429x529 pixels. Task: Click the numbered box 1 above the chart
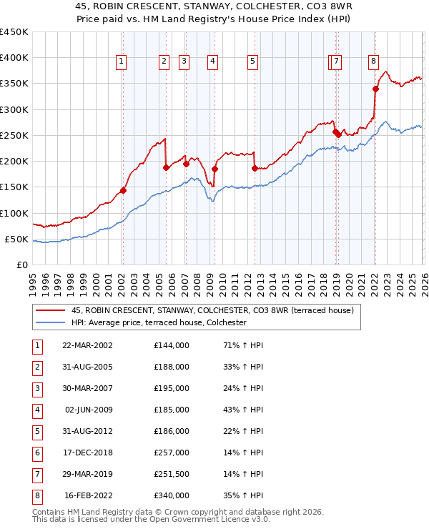click(122, 62)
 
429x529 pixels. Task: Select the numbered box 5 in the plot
click(253, 62)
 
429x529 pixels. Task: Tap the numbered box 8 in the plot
click(373, 62)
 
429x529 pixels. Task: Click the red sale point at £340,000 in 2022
click(375, 89)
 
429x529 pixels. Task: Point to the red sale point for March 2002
click(123, 190)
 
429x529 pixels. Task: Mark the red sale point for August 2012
click(255, 169)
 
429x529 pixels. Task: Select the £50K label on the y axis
click(17, 239)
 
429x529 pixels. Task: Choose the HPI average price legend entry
click(158, 323)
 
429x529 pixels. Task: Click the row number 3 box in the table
click(36, 388)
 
